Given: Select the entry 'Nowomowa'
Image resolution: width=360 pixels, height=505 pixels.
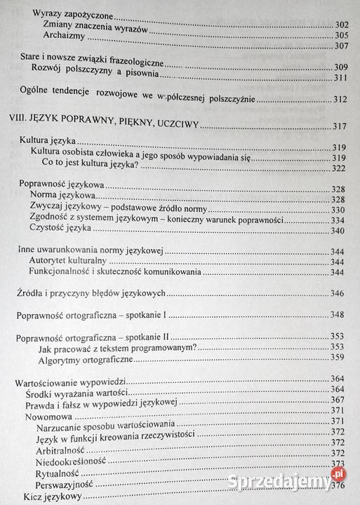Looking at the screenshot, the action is click(51, 418).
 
